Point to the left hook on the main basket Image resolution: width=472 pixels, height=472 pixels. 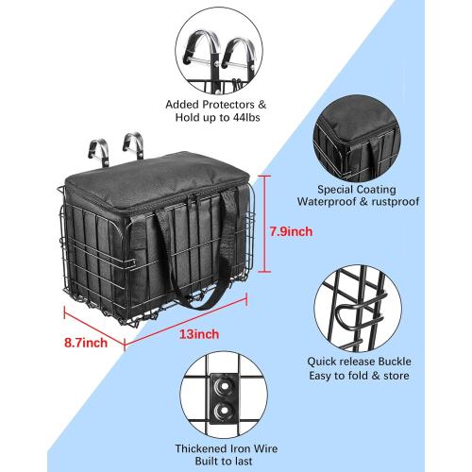click(96, 149)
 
